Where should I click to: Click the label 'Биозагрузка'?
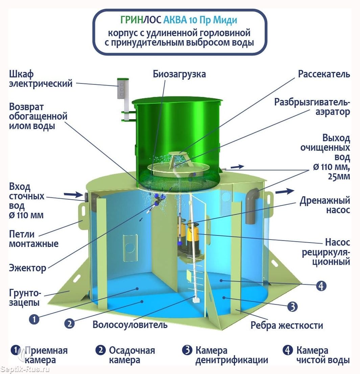(179, 74)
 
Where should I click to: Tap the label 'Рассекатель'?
(324, 74)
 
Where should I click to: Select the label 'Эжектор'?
(27, 268)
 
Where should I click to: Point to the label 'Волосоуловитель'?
(130, 325)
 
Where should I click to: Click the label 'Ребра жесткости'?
(287, 325)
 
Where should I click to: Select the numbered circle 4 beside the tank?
(321, 285)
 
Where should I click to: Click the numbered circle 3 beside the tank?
(292, 306)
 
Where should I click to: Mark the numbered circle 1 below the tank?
(34, 319)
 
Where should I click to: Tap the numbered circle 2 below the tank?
(69, 324)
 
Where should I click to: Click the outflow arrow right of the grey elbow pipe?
(285, 191)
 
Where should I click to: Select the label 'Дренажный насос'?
(325, 205)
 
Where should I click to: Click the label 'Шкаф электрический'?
(41, 79)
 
